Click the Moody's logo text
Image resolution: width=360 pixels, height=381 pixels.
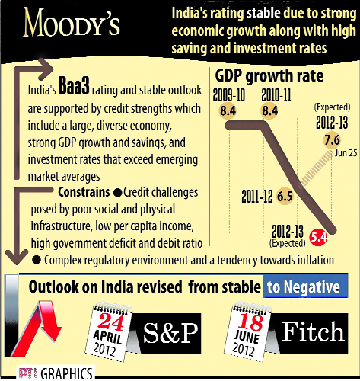point(72,22)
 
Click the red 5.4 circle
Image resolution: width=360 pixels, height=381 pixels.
point(318,237)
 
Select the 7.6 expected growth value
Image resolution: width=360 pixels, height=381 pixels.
point(332,140)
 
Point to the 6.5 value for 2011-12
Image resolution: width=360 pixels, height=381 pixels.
point(285,197)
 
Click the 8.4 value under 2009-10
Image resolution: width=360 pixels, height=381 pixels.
point(228,110)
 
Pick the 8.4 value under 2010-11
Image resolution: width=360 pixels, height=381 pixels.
point(269,110)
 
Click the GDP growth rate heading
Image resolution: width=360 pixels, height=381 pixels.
point(269,75)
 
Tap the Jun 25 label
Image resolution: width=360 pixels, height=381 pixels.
point(346,153)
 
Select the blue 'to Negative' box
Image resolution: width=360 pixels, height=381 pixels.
point(306,286)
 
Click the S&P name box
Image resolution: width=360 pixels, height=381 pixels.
point(167,334)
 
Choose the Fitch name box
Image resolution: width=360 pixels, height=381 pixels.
point(310,334)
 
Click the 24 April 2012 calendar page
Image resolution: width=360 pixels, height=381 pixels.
point(109,332)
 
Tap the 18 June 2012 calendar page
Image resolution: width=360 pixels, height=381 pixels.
point(248,331)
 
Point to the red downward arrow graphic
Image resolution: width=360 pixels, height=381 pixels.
point(37,328)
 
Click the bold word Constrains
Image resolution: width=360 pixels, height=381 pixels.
point(84,192)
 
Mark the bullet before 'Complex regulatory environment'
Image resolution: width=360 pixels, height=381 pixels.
point(37,260)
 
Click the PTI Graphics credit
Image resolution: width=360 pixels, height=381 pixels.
point(56,373)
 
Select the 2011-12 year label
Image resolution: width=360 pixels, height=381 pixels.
point(257,197)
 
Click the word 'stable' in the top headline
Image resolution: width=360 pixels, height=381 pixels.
point(264,13)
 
